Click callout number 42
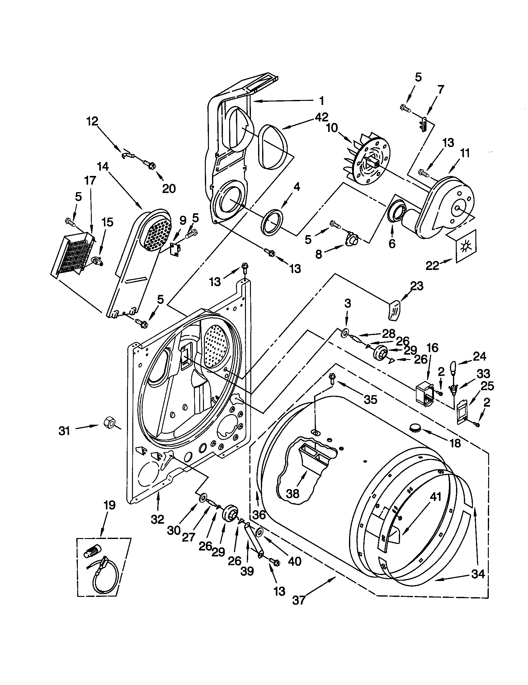[322, 117]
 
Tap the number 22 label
[432, 266]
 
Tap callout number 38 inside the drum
[293, 494]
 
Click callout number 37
[299, 600]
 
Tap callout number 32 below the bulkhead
[158, 519]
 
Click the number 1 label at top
[321, 101]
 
